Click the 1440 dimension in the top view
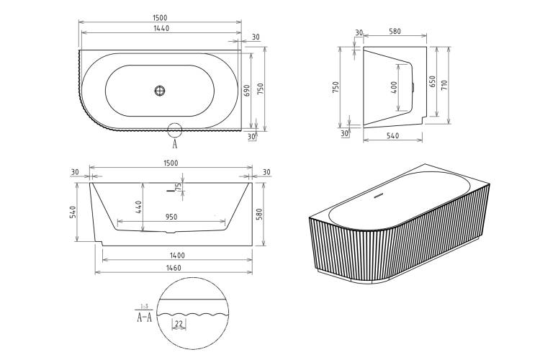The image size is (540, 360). pos(161,28)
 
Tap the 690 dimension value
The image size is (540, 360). pos(246,91)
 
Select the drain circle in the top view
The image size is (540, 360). pos(159,91)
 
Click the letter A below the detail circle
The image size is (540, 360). pos(175,144)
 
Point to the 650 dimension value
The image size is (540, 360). pos(433,81)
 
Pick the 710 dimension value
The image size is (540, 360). pos(444,85)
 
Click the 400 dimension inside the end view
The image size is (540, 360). pos(395,87)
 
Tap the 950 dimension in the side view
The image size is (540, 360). pos(171,217)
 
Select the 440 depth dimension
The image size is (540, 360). pos(138,207)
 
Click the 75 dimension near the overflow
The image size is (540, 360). pos(179,186)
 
